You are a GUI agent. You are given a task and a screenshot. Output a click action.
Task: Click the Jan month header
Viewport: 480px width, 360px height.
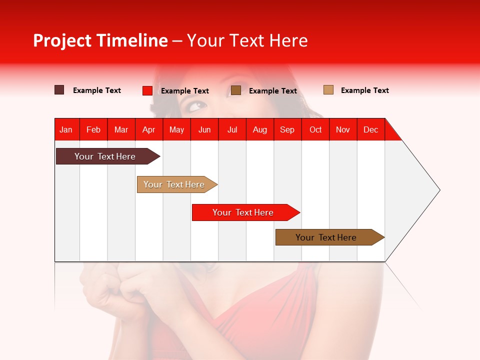(x=66, y=129)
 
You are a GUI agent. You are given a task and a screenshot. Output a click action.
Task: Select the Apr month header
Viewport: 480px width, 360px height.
(x=149, y=129)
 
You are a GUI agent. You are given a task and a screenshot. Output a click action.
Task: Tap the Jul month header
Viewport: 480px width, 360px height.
(x=232, y=129)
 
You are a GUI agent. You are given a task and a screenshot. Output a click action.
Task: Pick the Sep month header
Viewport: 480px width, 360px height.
(x=287, y=129)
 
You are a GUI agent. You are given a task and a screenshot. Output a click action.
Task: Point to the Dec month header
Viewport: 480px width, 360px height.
(x=370, y=129)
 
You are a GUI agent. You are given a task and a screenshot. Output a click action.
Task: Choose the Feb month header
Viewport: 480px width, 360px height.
(x=93, y=129)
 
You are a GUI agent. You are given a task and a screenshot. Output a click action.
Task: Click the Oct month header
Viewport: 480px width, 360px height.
(x=315, y=129)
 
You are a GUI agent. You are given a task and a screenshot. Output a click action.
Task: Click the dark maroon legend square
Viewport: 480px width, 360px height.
(x=59, y=90)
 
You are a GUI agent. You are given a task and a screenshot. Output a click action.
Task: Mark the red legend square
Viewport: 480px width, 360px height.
(x=147, y=90)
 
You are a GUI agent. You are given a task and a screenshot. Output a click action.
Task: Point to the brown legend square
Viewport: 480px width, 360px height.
(x=236, y=90)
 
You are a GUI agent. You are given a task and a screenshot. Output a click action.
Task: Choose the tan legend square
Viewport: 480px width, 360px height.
(x=328, y=90)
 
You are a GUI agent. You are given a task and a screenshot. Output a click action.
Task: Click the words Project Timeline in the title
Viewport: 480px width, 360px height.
(x=100, y=40)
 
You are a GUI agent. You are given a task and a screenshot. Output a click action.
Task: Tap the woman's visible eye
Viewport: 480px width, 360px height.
(x=197, y=106)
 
